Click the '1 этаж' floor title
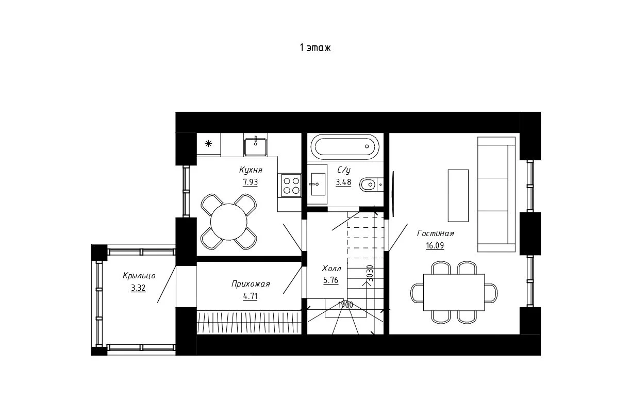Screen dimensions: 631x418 click(315, 47)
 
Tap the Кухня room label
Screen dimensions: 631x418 click(251, 170)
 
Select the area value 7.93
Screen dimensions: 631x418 click(251, 182)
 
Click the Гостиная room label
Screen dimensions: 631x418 click(436, 233)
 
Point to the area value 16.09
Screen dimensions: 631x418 click(435, 246)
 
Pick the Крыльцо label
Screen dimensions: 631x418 click(139, 275)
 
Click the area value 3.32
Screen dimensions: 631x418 click(138, 288)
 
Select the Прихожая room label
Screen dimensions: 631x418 click(251, 283)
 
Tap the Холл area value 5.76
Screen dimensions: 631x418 click(331, 280)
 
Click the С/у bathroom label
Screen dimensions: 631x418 click(344, 170)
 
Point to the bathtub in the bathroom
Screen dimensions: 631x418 click(345, 147)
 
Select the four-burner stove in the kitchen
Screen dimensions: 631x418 click(291, 186)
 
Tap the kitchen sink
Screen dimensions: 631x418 click(256, 146)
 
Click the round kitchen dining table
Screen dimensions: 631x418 click(229, 222)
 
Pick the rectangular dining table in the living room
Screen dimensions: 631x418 click(454, 292)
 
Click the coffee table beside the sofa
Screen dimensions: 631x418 click(458, 195)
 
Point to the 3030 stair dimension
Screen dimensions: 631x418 click(370, 273)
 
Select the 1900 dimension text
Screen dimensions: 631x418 click(345, 305)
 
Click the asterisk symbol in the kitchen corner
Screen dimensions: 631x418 click(208, 144)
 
